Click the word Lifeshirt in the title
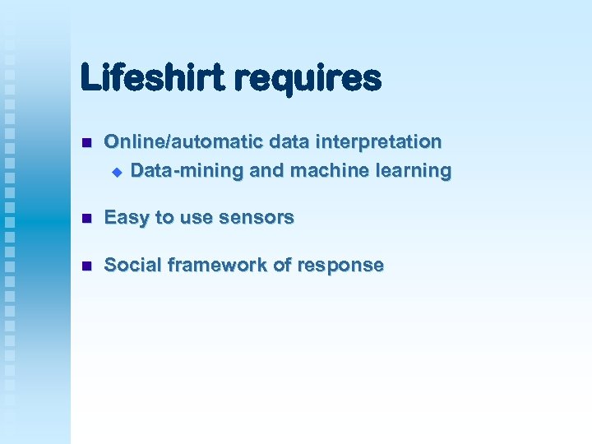pyautogui.click(x=153, y=79)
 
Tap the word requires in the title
pyautogui.click(x=308, y=81)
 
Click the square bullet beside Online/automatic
pyautogui.click(x=86, y=142)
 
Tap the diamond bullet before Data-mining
pyautogui.click(x=116, y=172)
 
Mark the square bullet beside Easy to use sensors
pyautogui.click(x=86, y=218)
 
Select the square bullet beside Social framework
pyautogui.click(x=86, y=266)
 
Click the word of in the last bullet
pyautogui.click(x=281, y=265)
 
